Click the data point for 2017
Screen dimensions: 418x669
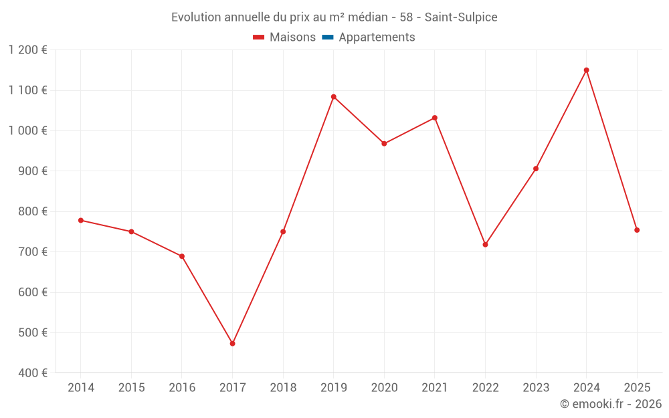[232, 344]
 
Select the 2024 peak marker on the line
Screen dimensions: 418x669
[586, 70]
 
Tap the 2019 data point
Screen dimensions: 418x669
[333, 97]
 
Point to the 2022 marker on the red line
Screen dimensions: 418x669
[485, 245]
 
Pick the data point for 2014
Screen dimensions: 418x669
[81, 220]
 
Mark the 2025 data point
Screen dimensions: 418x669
[637, 230]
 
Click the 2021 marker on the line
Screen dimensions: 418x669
[435, 118]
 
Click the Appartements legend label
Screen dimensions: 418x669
[377, 37]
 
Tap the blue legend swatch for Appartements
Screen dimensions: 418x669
[328, 37]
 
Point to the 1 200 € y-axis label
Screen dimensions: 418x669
[28, 50]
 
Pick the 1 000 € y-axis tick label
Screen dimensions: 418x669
[28, 130]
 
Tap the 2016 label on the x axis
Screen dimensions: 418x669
[182, 388]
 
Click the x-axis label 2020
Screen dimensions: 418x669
[384, 388]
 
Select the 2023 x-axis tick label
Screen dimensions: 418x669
[536, 388]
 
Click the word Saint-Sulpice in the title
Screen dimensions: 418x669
[461, 17]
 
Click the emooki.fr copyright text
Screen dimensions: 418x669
[611, 404]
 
